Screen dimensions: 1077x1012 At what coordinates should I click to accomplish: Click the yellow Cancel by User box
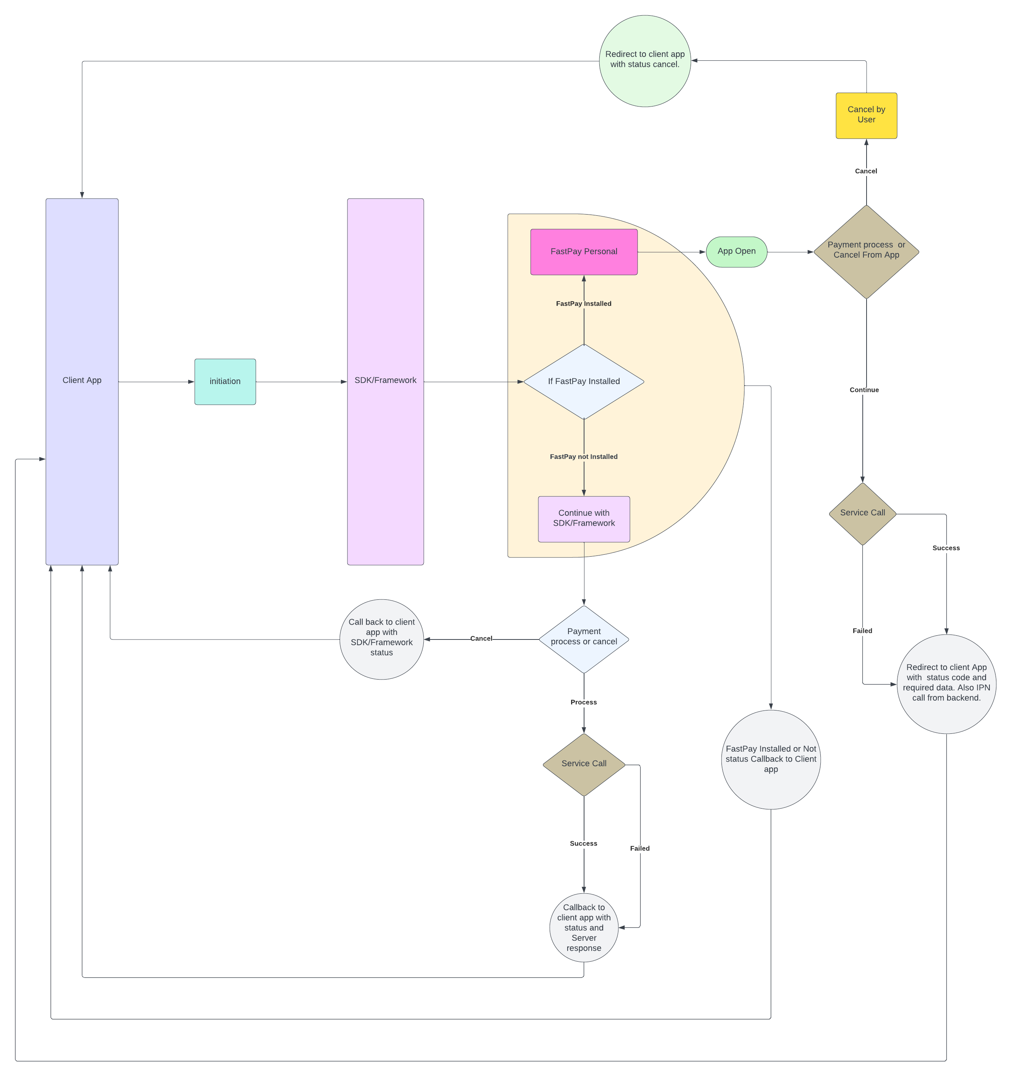pos(866,115)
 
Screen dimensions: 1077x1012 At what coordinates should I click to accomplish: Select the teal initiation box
pos(225,381)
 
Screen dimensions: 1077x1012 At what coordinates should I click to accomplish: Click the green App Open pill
pos(736,251)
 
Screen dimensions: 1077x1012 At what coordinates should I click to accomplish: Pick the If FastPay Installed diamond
pos(583,381)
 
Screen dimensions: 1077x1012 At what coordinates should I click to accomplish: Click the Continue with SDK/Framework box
pos(583,518)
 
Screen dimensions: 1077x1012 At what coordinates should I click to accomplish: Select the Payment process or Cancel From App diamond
pos(866,251)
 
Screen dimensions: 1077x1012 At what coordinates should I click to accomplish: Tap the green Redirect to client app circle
pos(645,61)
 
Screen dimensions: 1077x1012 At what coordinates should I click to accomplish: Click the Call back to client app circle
pos(381,639)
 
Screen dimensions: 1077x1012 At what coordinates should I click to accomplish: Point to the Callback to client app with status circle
pos(583,927)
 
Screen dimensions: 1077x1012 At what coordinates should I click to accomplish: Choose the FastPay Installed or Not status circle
pos(770,759)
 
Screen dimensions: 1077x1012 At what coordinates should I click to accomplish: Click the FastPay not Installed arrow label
pos(583,457)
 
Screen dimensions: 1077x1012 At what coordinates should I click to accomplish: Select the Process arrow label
pos(583,702)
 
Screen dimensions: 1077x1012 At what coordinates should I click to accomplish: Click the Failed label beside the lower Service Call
pos(639,848)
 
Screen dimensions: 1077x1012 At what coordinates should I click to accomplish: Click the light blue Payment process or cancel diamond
pos(583,639)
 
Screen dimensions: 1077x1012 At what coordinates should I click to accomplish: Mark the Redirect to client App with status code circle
pos(946,683)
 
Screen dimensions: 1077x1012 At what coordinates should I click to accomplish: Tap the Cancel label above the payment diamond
pos(866,171)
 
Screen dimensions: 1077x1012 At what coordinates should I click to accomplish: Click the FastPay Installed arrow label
pos(583,304)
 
